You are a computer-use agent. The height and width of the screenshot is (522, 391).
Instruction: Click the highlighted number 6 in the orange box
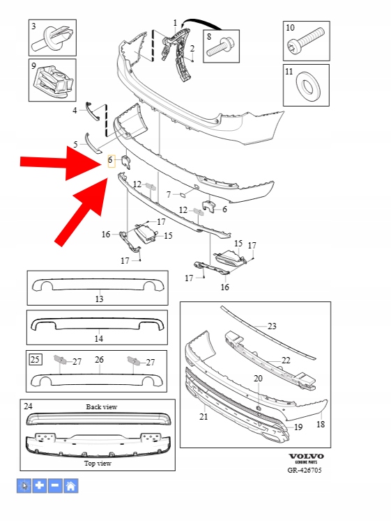(x=111, y=161)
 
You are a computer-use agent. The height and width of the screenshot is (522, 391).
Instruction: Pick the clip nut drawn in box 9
(x=54, y=81)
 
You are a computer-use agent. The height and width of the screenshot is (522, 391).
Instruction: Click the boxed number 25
(x=35, y=359)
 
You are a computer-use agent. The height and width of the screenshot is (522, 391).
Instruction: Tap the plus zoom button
(x=39, y=486)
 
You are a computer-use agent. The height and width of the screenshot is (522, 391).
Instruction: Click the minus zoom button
(x=55, y=486)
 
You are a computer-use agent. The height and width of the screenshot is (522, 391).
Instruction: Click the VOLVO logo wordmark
(x=306, y=456)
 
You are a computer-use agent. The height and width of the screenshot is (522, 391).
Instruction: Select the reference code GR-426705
(x=305, y=470)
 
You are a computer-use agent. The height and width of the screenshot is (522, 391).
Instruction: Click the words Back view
(x=102, y=407)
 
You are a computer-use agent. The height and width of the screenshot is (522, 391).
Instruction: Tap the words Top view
(x=98, y=463)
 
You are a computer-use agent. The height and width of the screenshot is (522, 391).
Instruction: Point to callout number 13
(x=99, y=299)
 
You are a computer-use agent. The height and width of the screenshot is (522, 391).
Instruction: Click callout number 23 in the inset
(x=272, y=326)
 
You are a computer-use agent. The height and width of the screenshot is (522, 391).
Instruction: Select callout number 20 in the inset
(x=258, y=378)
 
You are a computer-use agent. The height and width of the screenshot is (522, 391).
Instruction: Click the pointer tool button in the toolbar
(x=24, y=486)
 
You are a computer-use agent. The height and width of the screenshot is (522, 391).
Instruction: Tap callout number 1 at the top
(x=175, y=23)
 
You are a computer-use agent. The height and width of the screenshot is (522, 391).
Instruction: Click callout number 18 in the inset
(x=321, y=424)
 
